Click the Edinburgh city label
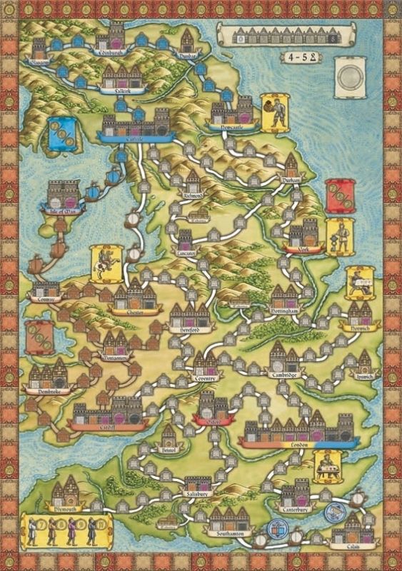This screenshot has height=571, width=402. [111, 52]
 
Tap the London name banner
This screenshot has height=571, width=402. [298, 443]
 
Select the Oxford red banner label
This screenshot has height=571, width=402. [213, 421]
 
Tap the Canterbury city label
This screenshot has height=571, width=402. [294, 510]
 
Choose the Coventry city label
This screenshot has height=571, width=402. [206, 378]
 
